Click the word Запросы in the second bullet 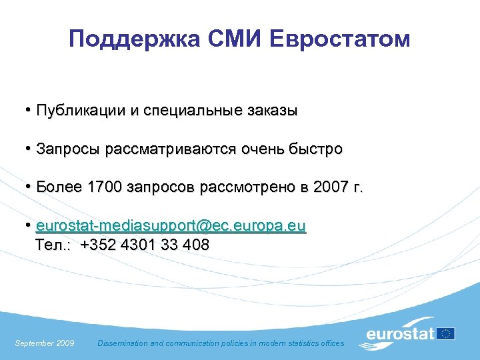[67, 149]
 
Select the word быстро [317, 149]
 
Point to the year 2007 [329, 188]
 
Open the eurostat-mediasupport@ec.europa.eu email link [171, 227]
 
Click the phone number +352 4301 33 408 [145, 245]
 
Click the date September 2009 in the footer [45, 343]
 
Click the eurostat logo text [400, 335]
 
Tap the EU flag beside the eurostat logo [446, 333]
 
